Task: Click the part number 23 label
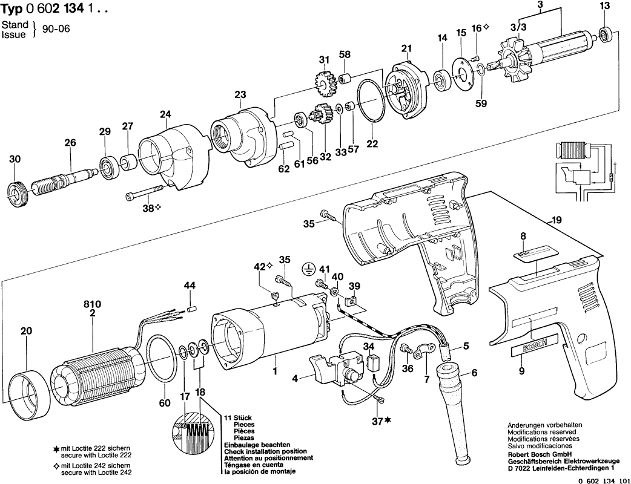pos(240,94)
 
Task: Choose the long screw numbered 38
pos(145,193)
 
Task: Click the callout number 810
pos(92,303)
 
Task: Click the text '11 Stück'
pos(237,419)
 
